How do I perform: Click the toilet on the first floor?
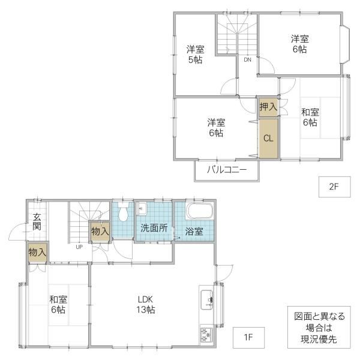pos(123,211)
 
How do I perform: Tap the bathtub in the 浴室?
pos(200,211)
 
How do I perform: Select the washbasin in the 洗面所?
pos(141,208)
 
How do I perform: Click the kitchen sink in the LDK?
pos(207,300)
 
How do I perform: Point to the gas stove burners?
pos(206,335)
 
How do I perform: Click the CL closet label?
pos(268,138)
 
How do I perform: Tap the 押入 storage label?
pos(268,107)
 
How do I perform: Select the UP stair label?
pos(79,247)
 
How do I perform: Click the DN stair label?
pos(247,59)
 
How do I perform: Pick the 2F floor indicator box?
pos(335,187)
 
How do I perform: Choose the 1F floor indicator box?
pos(248,337)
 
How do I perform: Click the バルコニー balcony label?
pos(227,170)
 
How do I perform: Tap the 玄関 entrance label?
pos(37,221)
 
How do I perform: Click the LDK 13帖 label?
pos(146,305)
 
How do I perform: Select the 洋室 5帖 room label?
pos(196,55)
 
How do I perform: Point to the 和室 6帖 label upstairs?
pos(310,118)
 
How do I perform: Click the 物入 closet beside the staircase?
pos(100,231)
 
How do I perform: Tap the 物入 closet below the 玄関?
pos(37,253)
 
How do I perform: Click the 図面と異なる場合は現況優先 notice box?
pos(319,327)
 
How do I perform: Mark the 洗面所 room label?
pos(154,228)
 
